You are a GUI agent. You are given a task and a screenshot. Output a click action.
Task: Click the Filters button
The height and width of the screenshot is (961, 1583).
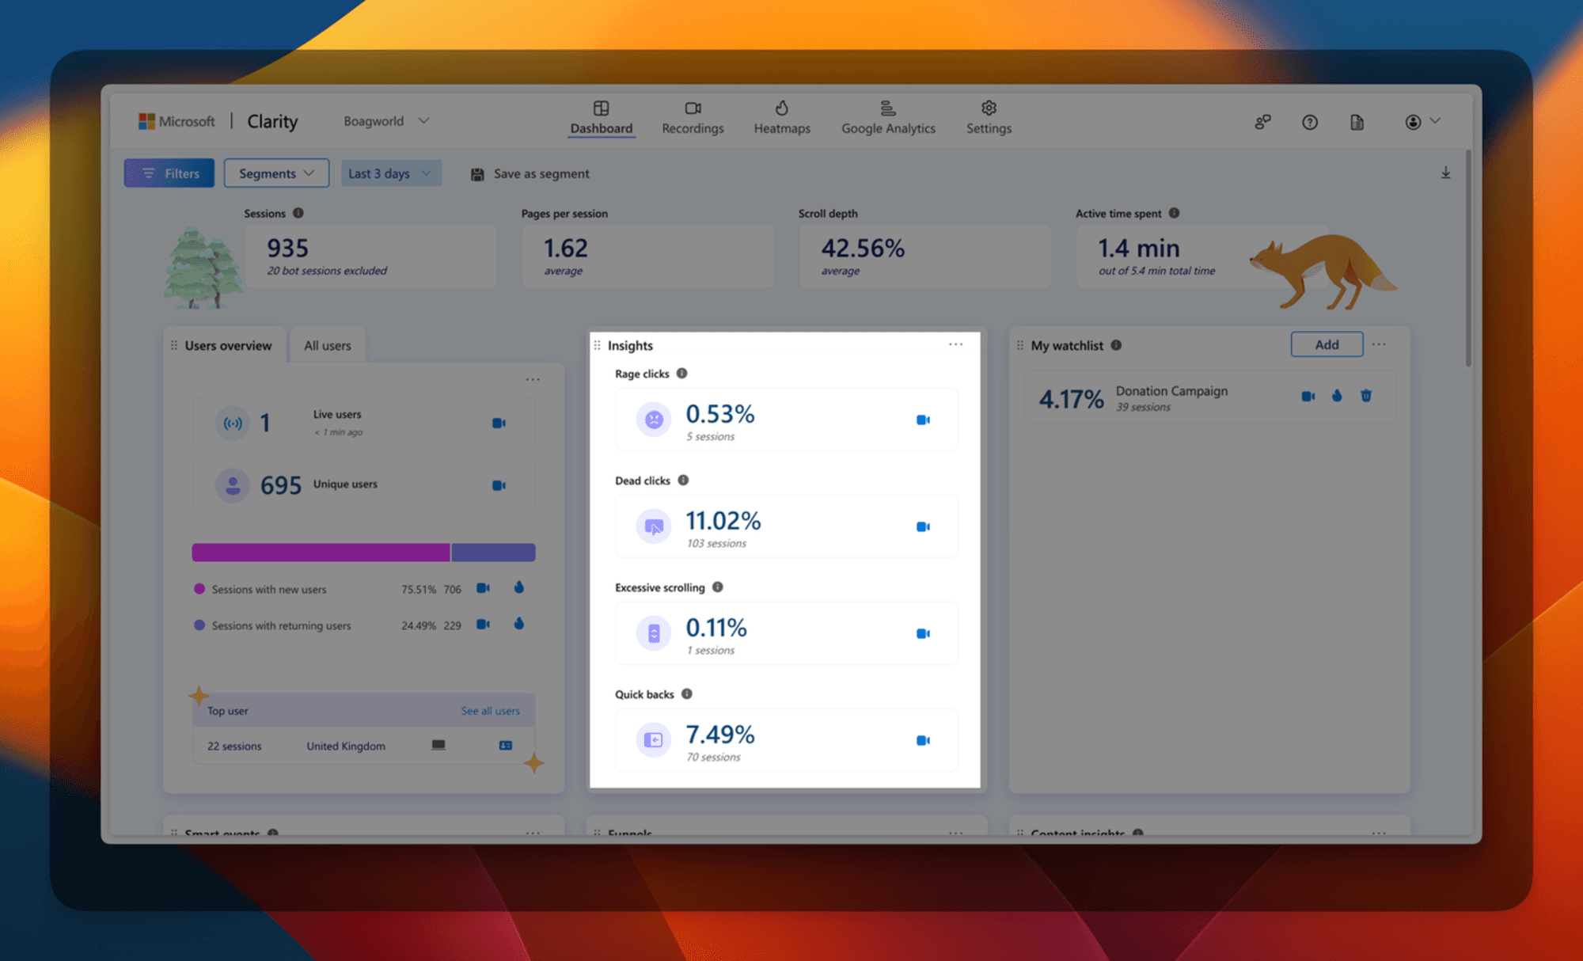[169, 173]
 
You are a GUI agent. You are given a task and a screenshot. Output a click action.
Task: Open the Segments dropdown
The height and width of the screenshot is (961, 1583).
[276, 173]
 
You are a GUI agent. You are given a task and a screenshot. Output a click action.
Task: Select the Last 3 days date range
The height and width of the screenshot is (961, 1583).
[390, 173]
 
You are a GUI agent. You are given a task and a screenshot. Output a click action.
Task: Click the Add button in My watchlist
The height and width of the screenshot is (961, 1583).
[1327, 345]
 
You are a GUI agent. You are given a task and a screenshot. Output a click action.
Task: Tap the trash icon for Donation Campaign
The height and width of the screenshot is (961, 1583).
[1366, 396]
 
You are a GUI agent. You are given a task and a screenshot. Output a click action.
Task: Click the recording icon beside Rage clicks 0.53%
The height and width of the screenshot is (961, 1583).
[923, 420]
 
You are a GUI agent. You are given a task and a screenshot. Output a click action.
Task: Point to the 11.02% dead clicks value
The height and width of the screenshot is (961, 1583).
[723, 521]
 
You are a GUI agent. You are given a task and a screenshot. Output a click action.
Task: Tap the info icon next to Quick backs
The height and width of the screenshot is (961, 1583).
[687, 694]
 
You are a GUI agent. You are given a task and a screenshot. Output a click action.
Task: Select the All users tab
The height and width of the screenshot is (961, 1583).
[327, 346]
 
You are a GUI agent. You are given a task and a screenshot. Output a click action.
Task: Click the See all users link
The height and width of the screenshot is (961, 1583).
[491, 711]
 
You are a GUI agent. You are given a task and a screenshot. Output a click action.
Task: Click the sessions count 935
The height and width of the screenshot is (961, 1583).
[287, 249]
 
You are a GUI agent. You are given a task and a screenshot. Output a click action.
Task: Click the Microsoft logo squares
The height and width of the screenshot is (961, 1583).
[146, 121]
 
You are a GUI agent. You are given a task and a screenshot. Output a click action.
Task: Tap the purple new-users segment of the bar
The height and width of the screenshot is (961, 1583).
[321, 553]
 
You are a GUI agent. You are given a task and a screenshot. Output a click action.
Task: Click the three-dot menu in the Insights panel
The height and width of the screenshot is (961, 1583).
[956, 344]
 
